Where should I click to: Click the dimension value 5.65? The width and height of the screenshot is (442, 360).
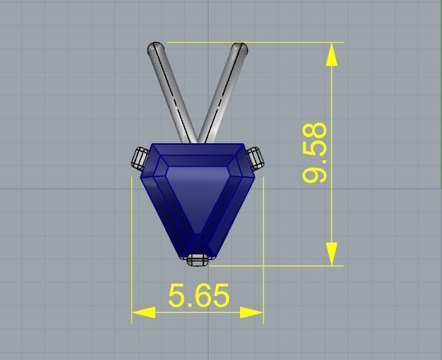click(199, 295)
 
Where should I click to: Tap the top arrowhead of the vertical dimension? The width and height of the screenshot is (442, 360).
click(333, 52)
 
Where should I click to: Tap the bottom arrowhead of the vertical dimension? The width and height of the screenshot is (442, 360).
click(333, 255)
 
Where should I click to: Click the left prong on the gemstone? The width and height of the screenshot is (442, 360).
click(140, 157)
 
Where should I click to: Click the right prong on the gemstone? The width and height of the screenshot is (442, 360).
click(254, 157)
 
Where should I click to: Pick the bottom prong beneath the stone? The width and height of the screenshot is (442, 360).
click(196, 259)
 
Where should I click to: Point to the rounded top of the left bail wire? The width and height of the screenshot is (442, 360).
click(156, 48)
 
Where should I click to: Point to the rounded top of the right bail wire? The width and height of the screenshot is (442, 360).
click(239, 48)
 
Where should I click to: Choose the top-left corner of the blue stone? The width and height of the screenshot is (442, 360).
click(152, 145)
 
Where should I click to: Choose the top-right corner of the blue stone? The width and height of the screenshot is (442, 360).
click(243, 145)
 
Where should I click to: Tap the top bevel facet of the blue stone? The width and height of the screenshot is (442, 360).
click(197, 151)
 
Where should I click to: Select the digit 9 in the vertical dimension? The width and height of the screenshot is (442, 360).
click(315, 174)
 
